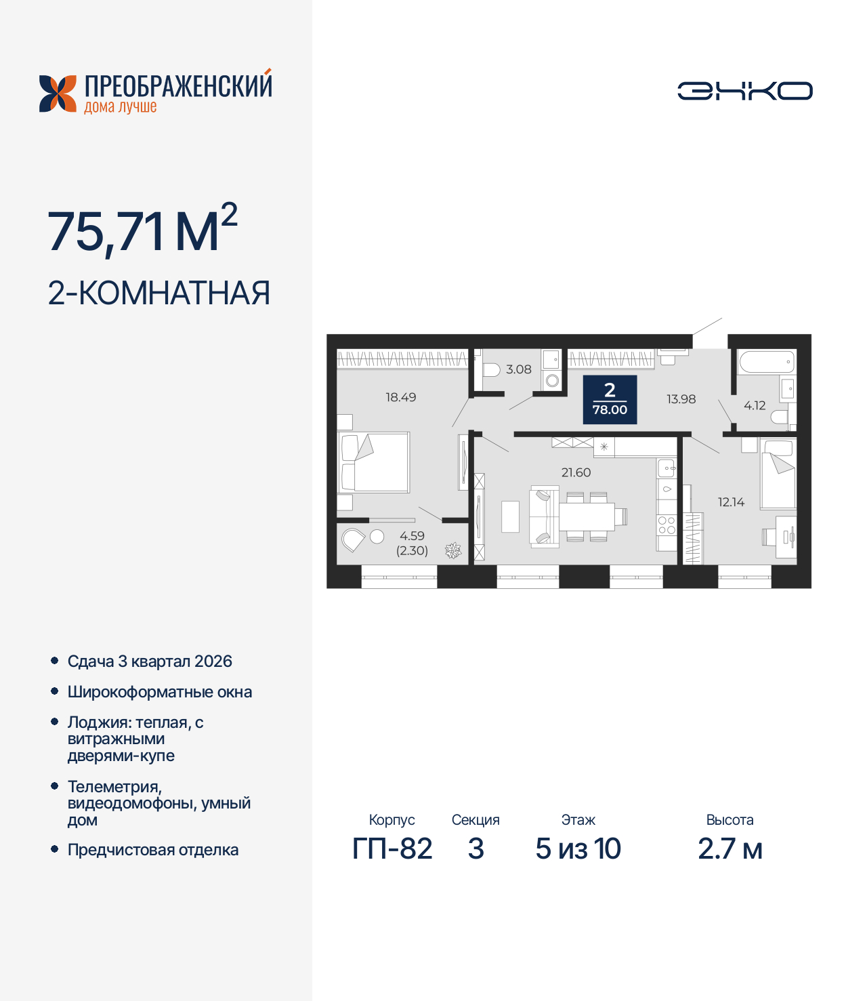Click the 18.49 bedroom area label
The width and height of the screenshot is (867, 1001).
pos(401,397)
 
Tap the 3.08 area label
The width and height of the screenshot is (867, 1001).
pos(519,369)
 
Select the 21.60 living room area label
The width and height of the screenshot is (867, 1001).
pos(576,472)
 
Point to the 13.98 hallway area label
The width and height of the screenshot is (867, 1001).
pos(681,399)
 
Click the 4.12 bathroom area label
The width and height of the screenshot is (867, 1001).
pos(755,405)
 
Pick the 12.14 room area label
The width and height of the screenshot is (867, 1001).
pos(731,502)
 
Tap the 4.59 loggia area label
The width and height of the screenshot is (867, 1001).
pos(412,535)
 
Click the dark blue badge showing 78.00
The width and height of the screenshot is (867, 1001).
pos(610,399)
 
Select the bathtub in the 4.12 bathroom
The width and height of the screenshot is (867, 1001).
pos(766,361)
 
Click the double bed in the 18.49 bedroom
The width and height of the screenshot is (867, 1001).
pos(374,463)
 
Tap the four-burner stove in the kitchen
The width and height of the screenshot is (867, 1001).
pos(667,525)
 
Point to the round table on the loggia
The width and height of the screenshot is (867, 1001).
pos(377,537)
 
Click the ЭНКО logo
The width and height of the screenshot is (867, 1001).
pos(744,91)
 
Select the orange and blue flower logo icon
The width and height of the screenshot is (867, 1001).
pos(58,94)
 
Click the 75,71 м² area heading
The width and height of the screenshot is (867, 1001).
pos(143,230)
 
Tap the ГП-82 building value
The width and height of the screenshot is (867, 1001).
pos(392,849)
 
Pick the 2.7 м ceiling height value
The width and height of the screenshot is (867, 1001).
pos(730,849)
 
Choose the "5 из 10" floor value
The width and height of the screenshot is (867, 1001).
pos(578,849)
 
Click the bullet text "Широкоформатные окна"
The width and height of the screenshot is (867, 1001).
pos(160,692)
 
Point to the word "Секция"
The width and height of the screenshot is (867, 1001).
pos(475,820)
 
